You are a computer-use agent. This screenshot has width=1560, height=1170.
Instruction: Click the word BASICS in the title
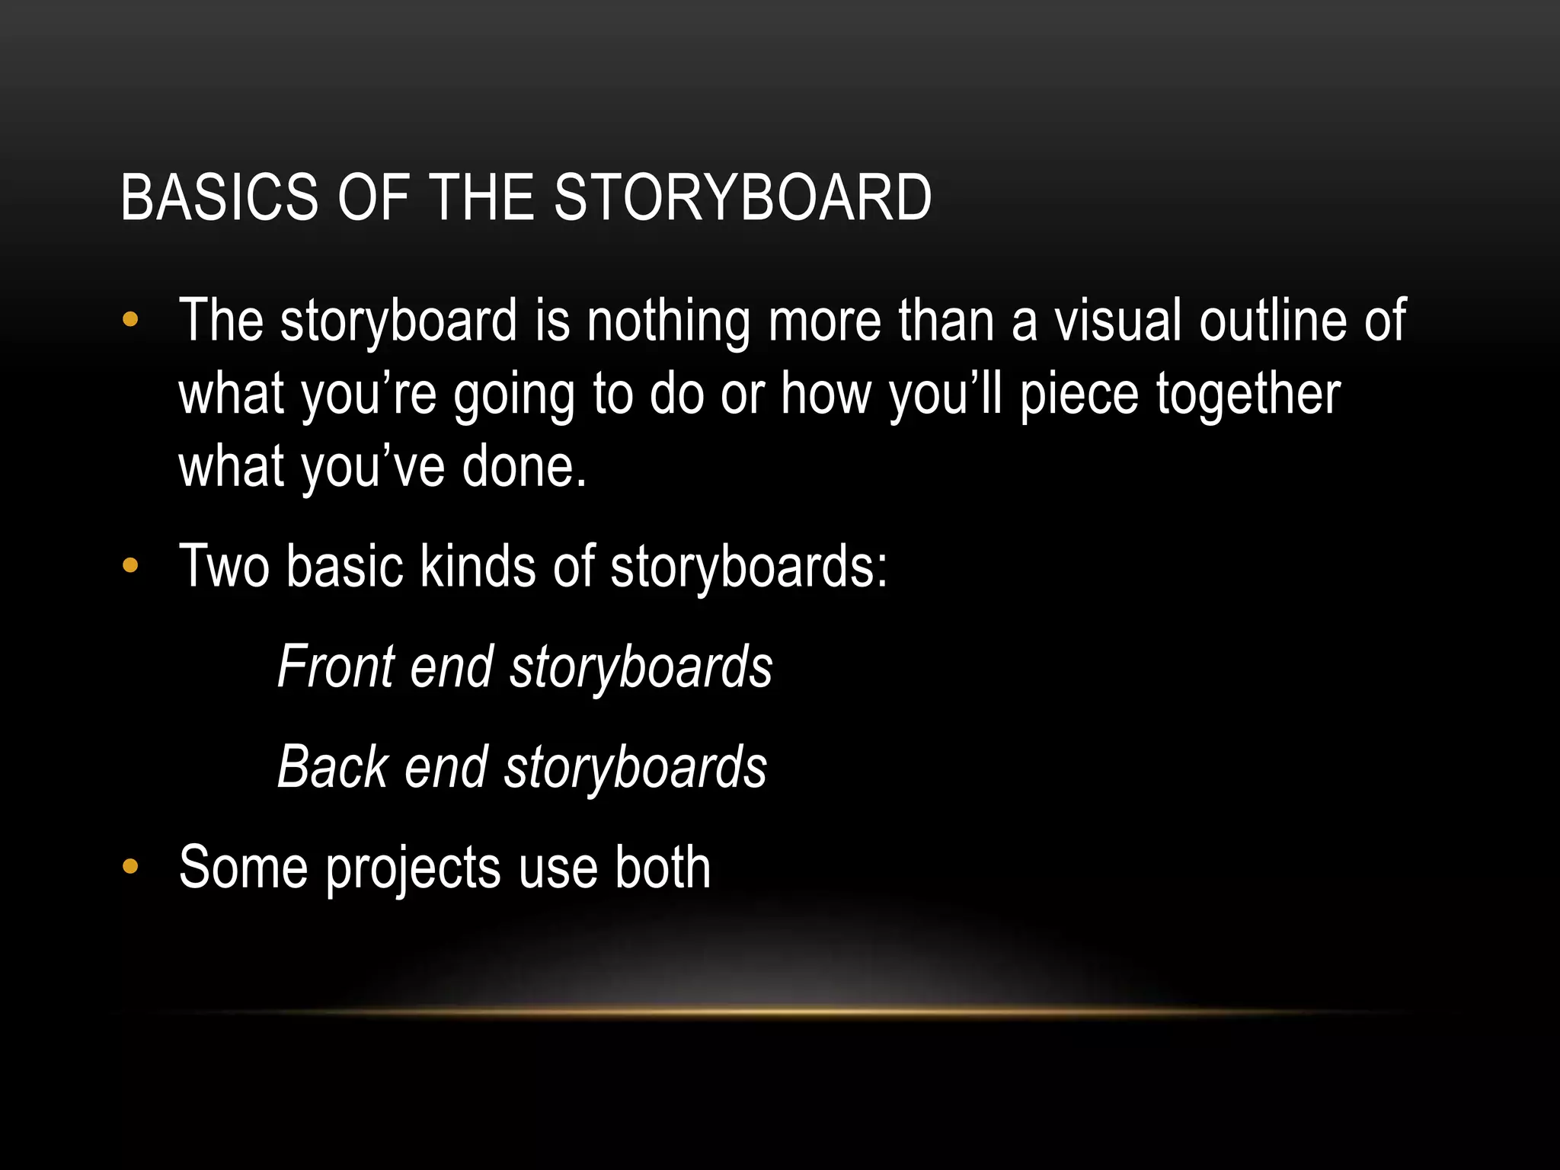[x=219, y=198]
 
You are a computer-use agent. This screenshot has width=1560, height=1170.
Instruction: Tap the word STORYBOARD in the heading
[x=742, y=198]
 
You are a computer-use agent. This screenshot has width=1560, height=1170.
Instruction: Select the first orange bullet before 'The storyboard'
[x=130, y=319]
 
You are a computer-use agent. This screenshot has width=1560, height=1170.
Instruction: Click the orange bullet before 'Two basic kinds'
[x=130, y=565]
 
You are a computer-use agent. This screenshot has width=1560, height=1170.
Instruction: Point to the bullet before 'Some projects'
[x=130, y=866]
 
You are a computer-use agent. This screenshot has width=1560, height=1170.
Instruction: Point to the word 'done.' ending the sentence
[x=524, y=466]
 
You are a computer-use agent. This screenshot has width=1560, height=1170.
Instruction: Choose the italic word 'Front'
[x=336, y=667]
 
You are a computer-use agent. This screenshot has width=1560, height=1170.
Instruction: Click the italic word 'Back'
[x=333, y=768]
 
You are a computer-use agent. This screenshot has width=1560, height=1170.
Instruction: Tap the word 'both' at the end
[x=663, y=868]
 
